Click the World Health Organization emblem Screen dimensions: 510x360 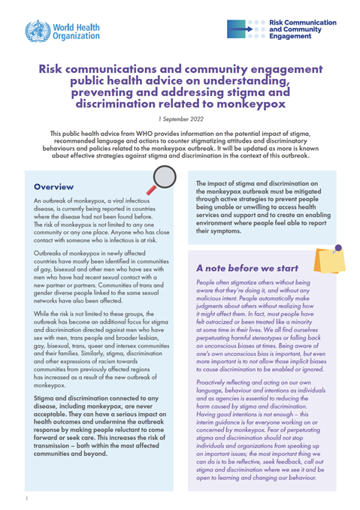coord(35,32)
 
